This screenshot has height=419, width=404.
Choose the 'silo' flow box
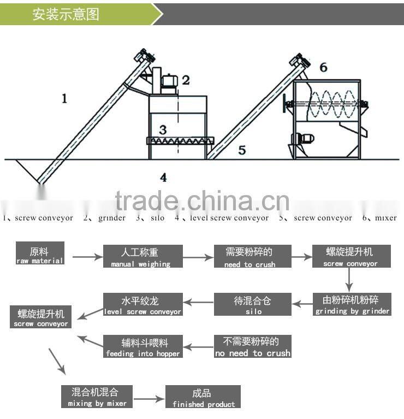tap(253, 305)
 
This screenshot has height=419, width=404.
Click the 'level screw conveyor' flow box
tap(142, 305)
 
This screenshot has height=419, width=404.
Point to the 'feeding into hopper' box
tap(142, 347)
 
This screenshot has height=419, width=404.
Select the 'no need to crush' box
tap(252, 346)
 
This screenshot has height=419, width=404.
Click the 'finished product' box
tap(203, 397)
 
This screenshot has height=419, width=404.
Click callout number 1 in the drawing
tap(64, 99)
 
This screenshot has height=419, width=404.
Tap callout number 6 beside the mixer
tap(323, 67)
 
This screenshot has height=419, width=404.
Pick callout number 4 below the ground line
tap(163, 176)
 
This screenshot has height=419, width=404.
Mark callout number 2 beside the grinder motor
tap(186, 80)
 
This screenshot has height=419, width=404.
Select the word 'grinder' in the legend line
tap(111, 218)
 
